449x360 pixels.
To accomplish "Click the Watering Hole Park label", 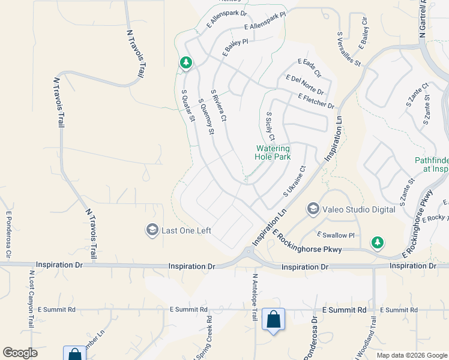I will [273, 152].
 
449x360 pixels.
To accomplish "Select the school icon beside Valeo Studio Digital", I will [313, 209].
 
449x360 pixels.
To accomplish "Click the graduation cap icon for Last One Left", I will [152, 230].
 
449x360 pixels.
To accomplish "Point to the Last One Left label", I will [187, 230].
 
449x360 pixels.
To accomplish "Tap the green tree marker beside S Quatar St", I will [186, 62].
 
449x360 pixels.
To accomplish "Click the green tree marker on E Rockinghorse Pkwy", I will [377, 242].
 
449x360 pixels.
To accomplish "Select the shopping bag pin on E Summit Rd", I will [273, 321].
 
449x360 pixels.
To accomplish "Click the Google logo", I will [20, 353].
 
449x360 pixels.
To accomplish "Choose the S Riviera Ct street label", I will [218, 106].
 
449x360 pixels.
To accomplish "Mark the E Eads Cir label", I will [310, 68].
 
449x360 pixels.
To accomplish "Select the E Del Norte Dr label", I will [305, 85].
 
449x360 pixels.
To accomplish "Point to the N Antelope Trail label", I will [255, 298].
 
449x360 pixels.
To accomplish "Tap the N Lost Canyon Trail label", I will [31, 298].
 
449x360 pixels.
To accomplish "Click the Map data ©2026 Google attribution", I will [411, 355].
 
